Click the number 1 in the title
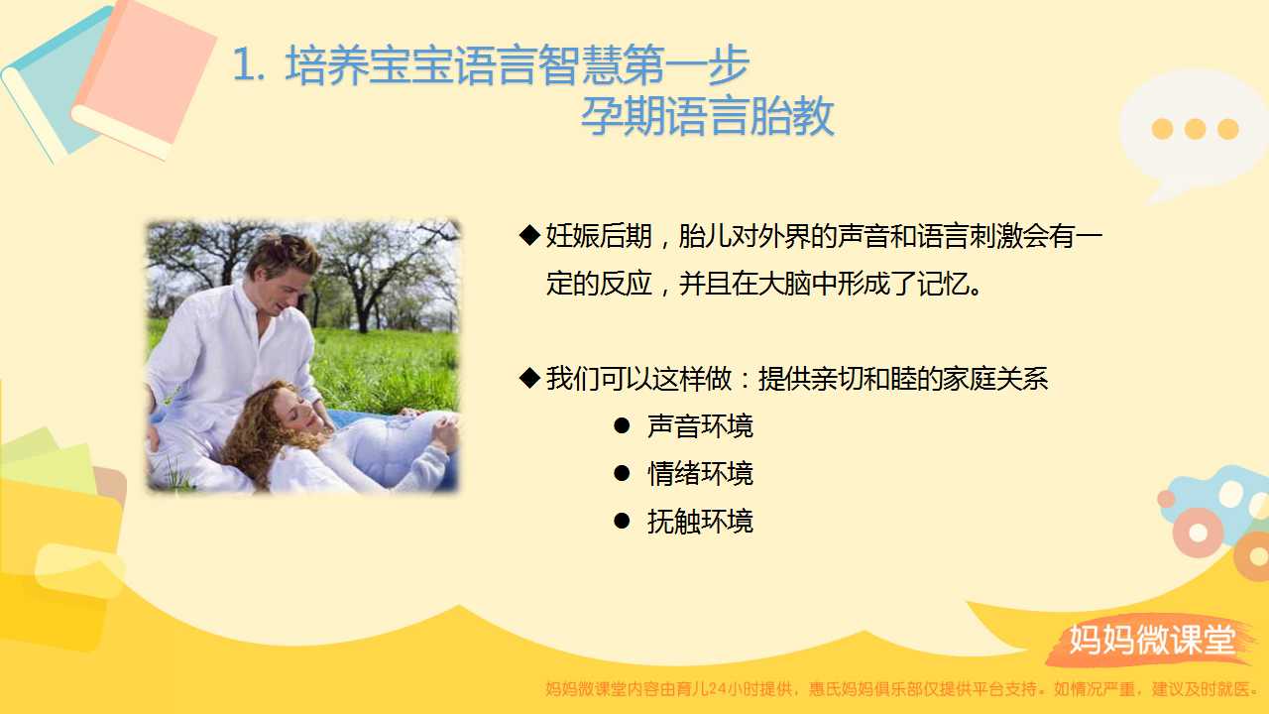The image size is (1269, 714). (x=243, y=65)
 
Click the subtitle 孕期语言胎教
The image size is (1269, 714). (x=708, y=116)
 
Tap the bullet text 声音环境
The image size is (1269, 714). (x=700, y=426)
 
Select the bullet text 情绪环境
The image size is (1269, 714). (x=700, y=474)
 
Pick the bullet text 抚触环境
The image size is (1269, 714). (x=700, y=522)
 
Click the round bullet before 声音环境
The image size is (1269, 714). (x=622, y=426)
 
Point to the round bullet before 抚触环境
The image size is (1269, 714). (x=622, y=521)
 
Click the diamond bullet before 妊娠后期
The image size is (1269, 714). (x=529, y=235)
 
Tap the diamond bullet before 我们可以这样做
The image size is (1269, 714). (x=529, y=378)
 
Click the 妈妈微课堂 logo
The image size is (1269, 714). (x=1152, y=640)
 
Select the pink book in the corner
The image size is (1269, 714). (x=145, y=76)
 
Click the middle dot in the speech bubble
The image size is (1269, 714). (x=1195, y=129)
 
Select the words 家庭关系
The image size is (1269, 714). (x=994, y=379)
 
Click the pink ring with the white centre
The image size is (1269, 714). (x=1198, y=533)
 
